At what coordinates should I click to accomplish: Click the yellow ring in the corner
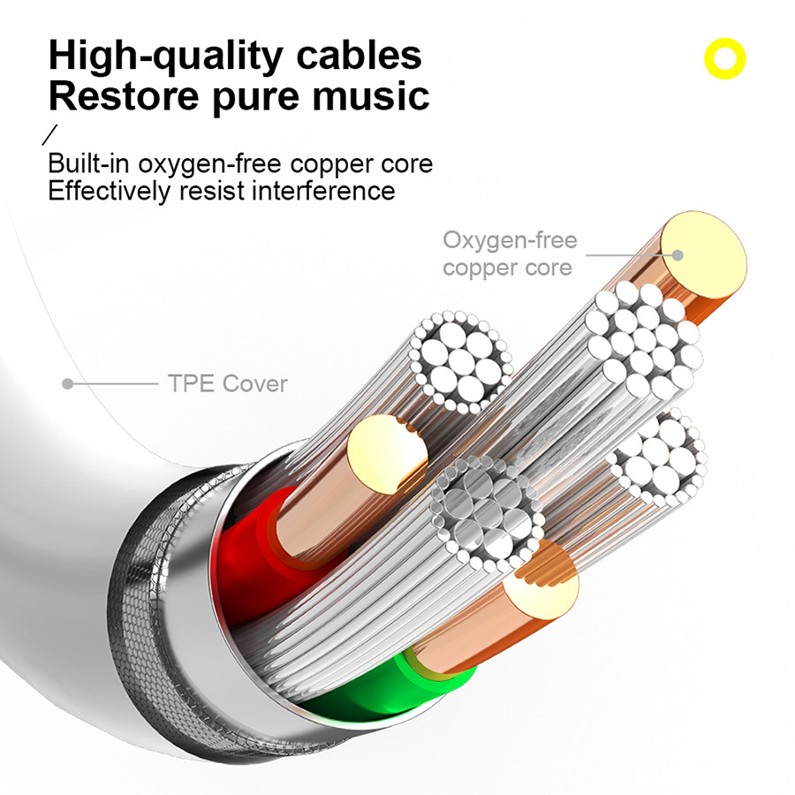[x=724, y=59]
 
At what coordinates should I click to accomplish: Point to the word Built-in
[x=87, y=164]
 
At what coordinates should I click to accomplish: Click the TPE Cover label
[x=227, y=383]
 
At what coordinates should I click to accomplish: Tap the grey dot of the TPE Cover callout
[x=66, y=383]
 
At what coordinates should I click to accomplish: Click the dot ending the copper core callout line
[x=678, y=254]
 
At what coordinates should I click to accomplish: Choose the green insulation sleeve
[x=371, y=689]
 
